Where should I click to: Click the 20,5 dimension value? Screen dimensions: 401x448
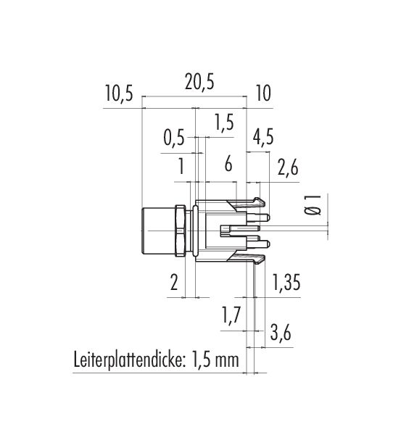[x=199, y=83]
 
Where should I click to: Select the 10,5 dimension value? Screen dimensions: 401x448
[x=119, y=94]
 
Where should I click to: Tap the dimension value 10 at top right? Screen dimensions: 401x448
[x=263, y=94]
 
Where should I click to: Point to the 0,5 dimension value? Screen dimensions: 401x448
[x=174, y=138]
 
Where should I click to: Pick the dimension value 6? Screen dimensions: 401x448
[x=228, y=165]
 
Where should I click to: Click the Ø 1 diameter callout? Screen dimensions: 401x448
[x=312, y=205]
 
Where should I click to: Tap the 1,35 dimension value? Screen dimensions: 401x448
[x=286, y=282]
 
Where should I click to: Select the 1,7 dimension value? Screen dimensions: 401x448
[x=231, y=315]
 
